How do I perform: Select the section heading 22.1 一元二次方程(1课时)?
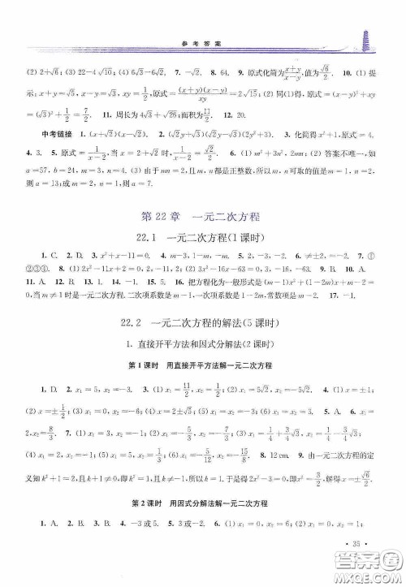202,237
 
